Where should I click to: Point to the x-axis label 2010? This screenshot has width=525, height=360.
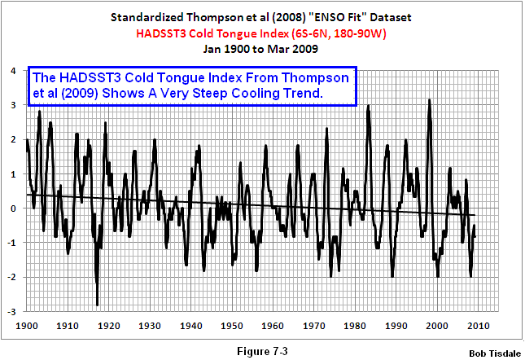(x=477, y=325)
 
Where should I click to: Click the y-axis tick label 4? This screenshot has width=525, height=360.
(x=13, y=71)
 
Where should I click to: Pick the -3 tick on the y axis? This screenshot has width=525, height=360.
(x=11, y=312)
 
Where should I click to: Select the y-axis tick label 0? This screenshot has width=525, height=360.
(x=13, y=209)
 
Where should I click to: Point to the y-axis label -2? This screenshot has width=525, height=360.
(x=11, y=278)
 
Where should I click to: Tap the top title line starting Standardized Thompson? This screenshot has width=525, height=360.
(x=262, y=17)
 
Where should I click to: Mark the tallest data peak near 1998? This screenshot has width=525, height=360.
(x=429, y=101)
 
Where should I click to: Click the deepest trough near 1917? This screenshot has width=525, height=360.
(x=97, y=305)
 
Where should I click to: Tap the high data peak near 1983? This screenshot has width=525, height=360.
(x=369, y=107)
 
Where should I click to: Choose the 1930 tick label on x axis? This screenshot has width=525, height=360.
(x=149, y=325)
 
